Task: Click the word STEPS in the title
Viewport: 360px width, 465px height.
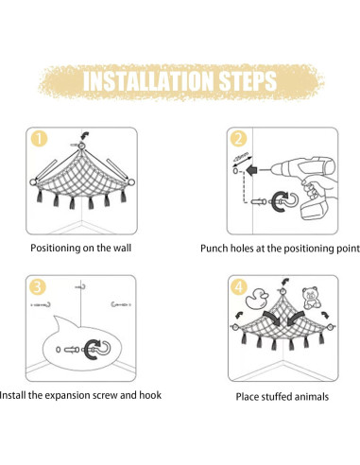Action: [x=248, y=81]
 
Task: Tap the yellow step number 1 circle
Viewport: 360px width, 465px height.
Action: [x=39, y=139]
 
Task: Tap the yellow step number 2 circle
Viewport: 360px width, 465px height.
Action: [x=238, y=139]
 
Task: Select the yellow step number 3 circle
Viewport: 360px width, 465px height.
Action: [x=38, y=287]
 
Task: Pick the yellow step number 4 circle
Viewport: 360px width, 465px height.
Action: [x=239, y=287]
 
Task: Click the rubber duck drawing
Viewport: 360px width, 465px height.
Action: [x=257, y=298]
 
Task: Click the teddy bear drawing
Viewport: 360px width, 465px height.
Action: [x=311, y=298]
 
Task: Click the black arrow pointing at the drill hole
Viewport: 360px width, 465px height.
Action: [x=251, y=171]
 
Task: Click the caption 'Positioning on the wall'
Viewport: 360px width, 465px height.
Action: [x=81, y=248]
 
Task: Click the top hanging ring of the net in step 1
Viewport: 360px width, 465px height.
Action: [x=81, y=146]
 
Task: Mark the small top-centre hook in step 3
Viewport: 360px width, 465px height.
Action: [x=80, y=286]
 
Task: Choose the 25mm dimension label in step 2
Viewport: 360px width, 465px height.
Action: [x=242, y=157]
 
